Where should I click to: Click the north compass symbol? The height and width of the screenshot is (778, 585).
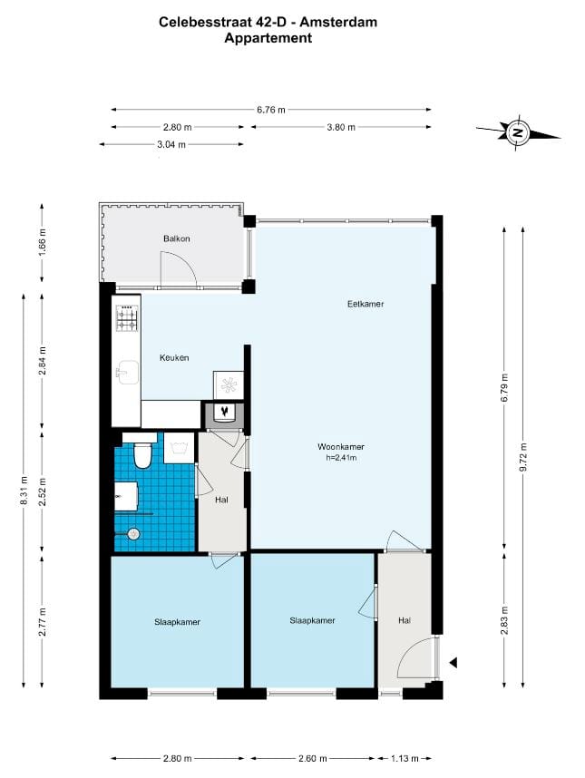click(518, 132)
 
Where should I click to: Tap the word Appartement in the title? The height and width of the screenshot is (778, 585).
click(268, 38)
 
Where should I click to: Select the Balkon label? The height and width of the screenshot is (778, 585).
click(177, 238)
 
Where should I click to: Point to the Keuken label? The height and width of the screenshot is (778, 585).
click(174, 357)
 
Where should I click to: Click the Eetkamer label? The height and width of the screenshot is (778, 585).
click(366, 304)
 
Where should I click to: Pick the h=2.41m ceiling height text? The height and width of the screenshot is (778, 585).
click(340, 458)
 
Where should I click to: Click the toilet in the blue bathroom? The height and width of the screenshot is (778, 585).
click(142, 455)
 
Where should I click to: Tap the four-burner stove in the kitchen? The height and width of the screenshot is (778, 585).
click(126, 319)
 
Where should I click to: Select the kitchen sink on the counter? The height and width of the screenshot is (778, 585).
click(126, 370)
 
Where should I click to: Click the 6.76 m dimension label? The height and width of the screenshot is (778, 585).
click(270, 110)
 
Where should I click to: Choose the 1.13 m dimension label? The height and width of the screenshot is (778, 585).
click(405, 758)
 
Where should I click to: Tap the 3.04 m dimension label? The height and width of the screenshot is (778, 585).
click(171, 143)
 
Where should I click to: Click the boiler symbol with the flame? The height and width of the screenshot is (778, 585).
click(223, 413)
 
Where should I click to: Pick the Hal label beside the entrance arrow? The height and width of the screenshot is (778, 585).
click(405, 620)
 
